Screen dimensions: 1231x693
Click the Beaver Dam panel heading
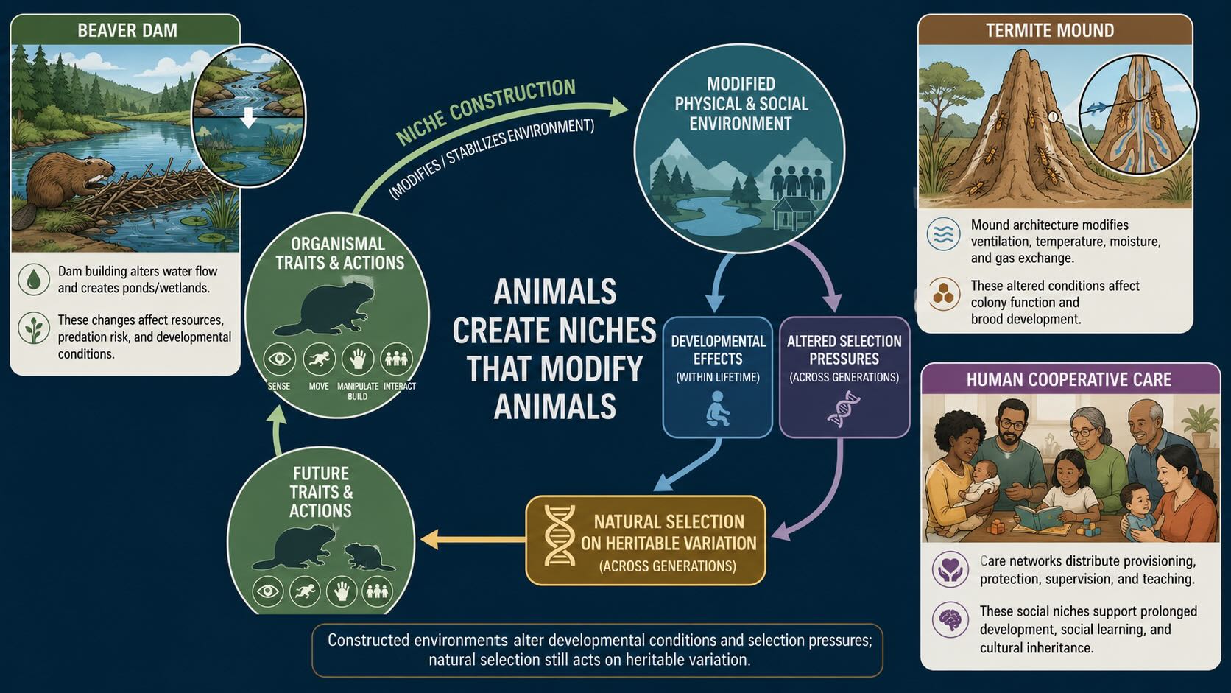pyautogui.click(x=127, y=30)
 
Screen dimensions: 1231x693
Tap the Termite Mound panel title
pyautogui.click(x=1050, y=30)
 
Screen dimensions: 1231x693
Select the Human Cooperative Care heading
pyautogui.click(x=1069, y=380)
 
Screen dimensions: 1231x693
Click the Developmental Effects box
pyautogui.click(x=718, y=377)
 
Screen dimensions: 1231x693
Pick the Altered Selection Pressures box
pyautogui.click(x=844, y=377)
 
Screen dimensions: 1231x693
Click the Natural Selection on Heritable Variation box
pyautogui.click(x=646, y=541)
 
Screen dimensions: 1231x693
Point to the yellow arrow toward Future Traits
pyautogui.click(x=473, y=539)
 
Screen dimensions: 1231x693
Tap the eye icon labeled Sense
pyautogui.click(x=279, y=359)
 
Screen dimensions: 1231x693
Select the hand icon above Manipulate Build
pyautogui.click(x=357, y=359)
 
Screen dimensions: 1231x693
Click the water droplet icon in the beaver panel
pyautogui.click(x=34, y=279)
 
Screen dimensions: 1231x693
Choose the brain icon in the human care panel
pyautogui.click(x=950, y=620)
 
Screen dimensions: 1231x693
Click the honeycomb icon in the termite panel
pyautogui.click(x=944, y=294)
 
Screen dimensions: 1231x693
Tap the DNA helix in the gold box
pyautogui.click(x=560, y=536)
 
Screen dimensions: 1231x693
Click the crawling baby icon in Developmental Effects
pyautogui.click(x=716, y=409)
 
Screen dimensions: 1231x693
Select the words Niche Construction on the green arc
pyautogui.click(x=486, y=111)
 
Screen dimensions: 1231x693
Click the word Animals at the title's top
pyautogui.click(x=554, y=292)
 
